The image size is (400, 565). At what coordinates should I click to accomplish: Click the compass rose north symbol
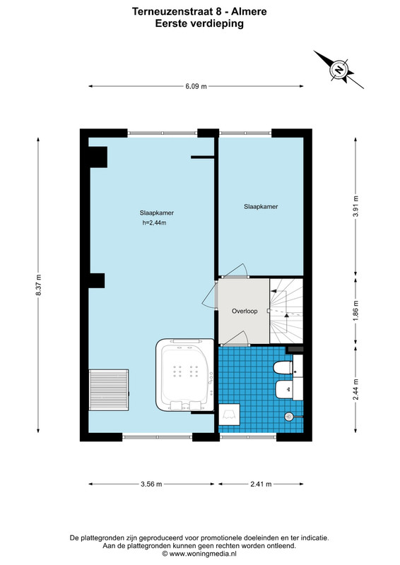339,69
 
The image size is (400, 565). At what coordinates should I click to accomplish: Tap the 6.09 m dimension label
196,86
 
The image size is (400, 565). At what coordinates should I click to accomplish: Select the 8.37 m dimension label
38,285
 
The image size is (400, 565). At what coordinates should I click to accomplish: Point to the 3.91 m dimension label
355,206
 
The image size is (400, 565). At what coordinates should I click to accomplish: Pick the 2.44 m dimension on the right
355,390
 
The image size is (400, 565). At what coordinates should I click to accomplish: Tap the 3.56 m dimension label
151,484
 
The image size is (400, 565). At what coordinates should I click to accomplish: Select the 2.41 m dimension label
261,484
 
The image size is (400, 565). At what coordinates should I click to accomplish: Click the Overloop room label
245,311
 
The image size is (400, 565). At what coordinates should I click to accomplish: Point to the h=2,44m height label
154,222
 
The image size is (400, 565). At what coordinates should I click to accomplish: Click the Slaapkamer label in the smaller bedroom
261,206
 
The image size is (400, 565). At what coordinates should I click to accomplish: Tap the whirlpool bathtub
185,374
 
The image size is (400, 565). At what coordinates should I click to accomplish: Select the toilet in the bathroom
283,368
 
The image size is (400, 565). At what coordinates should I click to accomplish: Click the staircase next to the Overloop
286,311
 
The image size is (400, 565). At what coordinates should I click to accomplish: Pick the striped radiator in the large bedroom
109,390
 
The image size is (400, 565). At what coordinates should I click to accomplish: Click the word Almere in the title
249,11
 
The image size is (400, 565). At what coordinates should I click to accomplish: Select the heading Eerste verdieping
199,23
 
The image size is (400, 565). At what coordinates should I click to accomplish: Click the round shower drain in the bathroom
288,417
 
